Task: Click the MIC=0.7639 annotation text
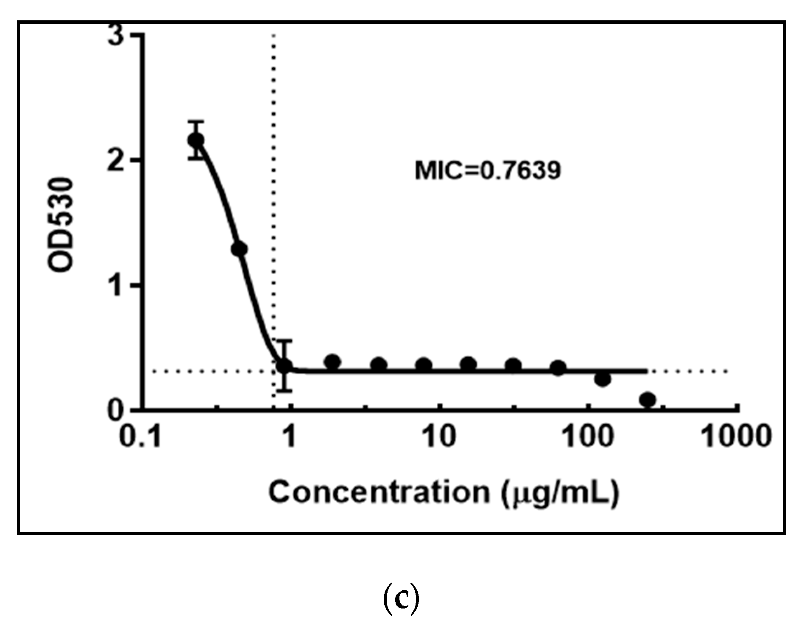[488, 171]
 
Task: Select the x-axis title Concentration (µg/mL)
[444, 493]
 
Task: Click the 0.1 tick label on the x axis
[140, 436]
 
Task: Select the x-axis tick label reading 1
[290, 436]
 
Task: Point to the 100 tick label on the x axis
[588, 436]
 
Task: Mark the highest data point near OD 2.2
[196, 140]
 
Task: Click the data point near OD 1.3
[239, 249]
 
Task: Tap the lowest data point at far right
[647, 400]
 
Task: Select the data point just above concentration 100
[603, 379]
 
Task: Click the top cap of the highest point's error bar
[196, 122]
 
